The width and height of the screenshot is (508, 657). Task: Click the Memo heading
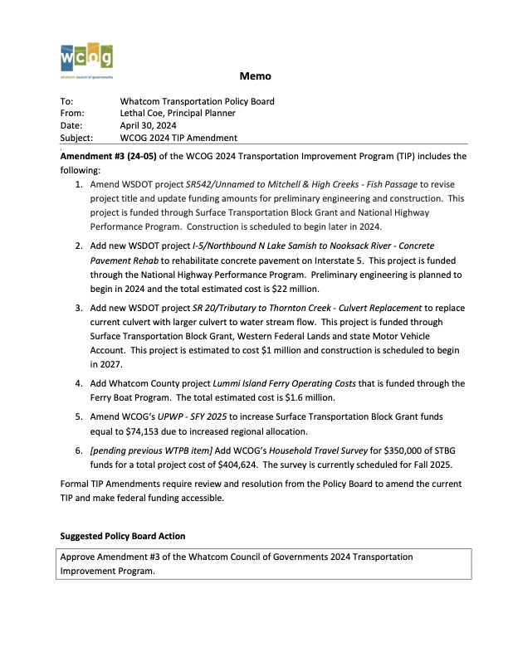coord(255,76)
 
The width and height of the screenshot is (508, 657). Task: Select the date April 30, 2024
coord(153,125)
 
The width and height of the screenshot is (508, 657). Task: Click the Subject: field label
coord(77,138)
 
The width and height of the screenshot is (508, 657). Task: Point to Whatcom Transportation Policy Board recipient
coord(197,101)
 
